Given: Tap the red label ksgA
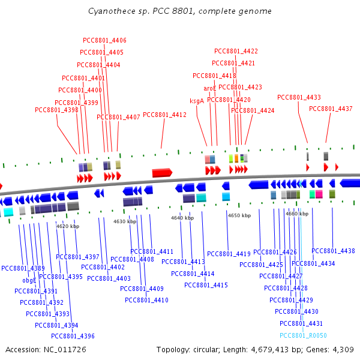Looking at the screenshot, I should point(197,101).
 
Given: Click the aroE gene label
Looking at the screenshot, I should point(210,88).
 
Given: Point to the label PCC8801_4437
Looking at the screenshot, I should point(331,109).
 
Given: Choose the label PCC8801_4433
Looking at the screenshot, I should point(299,97).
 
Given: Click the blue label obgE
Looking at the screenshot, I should point(29,280).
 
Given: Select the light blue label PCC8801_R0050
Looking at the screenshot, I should point(303,335).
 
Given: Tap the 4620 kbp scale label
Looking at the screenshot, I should point(68,226).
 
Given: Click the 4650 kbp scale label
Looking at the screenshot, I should point(239,215).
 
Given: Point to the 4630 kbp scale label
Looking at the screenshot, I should point(125,222).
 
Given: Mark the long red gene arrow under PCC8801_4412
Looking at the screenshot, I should point(162,173).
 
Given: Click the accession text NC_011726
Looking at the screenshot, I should point(46,349).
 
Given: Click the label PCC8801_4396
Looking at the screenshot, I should point(73,336).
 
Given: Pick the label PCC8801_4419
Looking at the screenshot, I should point(229,254).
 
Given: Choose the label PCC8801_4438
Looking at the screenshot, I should point(333,251).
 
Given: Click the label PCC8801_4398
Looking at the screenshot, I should point(56,110).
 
